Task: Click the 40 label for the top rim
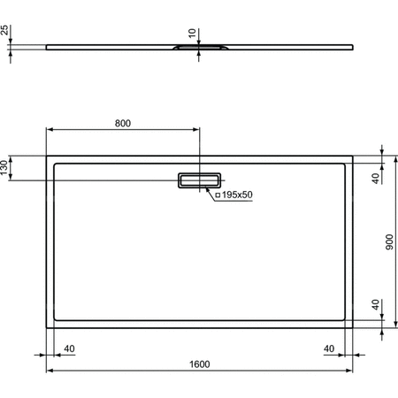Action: click(x=375, y=177)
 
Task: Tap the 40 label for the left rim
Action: click(x=69, y=348)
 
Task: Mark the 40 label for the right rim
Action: click(x=329, y=348)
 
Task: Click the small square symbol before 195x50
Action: click(x=218, y=194)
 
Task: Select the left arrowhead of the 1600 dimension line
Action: click(x=49, y=371)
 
